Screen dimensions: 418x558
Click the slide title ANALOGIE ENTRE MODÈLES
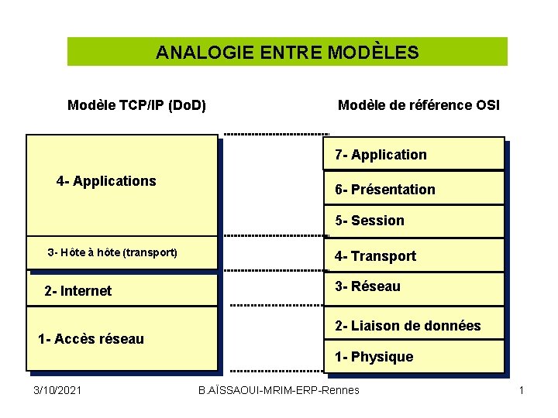(287, 53)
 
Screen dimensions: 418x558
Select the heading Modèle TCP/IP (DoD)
(136, 104)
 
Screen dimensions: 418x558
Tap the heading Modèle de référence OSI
(418, 104)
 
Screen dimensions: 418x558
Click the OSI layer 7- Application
(381, 155)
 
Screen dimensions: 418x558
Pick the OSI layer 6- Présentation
(384, 190)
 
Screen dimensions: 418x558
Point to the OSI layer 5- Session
(370, 221)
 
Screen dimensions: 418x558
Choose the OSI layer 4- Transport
(375, 256)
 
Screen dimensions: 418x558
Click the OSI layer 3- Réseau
(367, 286)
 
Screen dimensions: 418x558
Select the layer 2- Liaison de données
(408, 326)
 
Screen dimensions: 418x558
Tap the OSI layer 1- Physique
(374, 357)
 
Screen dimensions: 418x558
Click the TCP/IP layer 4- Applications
(106, 181)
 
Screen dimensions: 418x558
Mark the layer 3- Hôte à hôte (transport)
(112, 252)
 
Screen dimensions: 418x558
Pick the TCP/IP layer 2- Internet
(77, 291)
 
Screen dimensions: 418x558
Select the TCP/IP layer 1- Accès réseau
(91, 339)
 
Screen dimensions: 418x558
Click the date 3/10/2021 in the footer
(58, 390)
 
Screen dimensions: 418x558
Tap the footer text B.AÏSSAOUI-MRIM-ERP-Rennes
(279, 390)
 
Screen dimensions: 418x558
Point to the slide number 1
(522, 390)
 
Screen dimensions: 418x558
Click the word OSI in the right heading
(488, 104)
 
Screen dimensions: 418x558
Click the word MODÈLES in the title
(374, 53)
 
